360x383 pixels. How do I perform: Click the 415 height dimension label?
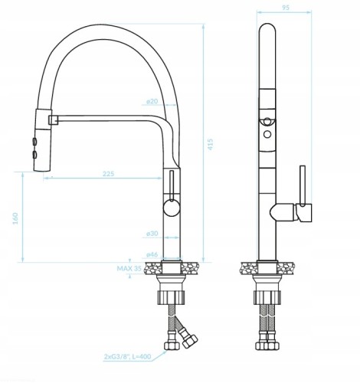click(210, 144)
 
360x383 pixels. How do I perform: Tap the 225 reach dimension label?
click(109, 174)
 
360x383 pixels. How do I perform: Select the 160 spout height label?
click(15, 218)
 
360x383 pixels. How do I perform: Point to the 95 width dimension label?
click(286, 8)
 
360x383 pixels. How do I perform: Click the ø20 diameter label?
click(152, 101)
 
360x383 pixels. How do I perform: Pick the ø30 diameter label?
click(152, 234)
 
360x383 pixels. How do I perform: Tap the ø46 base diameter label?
click(152, 254)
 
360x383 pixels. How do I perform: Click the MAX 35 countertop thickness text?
click(129, 268)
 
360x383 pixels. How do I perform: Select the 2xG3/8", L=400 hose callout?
click(127, 356)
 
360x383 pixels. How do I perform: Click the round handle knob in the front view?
click(172, 208)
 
